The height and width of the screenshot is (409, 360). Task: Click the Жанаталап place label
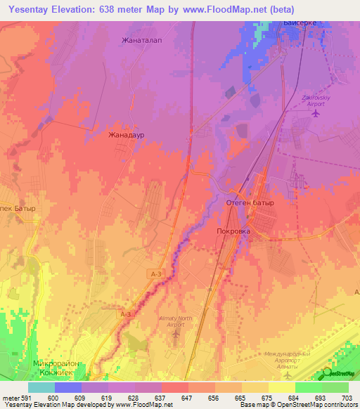click(142, 40)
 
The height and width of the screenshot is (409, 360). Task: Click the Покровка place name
click(233, 230)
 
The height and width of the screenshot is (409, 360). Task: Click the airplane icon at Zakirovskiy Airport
click(316, 112)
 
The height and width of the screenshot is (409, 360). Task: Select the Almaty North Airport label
click(175, 320)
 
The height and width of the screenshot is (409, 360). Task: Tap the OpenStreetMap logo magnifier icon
click(328, 372)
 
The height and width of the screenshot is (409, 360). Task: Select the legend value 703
click(349, 398)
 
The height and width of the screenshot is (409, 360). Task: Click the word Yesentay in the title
click(33, 9)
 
